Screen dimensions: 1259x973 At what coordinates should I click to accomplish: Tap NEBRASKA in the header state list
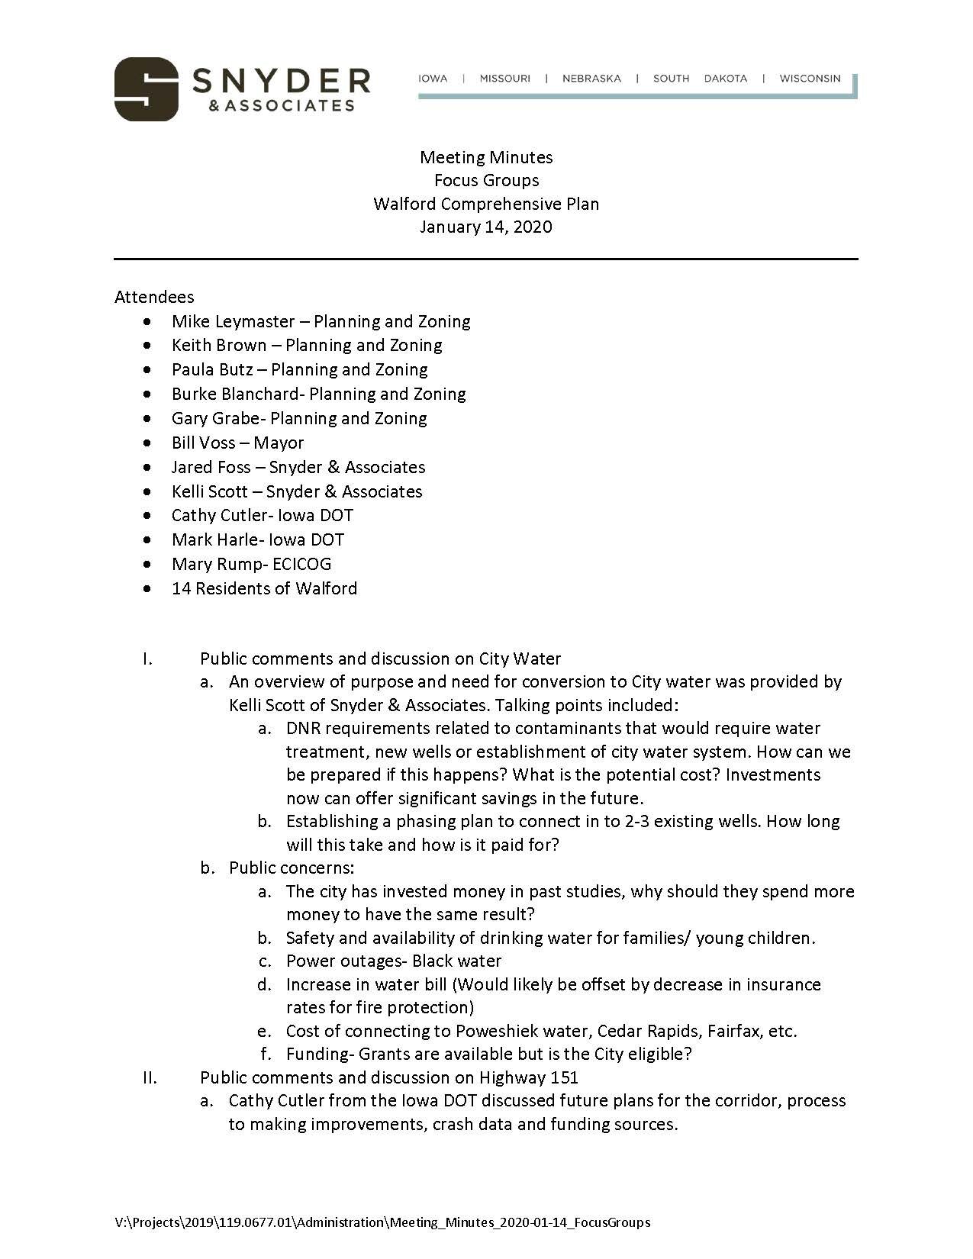591,79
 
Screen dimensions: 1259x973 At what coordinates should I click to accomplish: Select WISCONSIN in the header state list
810,79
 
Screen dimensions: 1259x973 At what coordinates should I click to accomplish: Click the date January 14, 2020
485,227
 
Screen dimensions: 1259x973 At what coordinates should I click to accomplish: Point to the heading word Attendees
154,297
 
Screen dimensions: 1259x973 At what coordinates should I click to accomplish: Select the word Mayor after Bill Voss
279,443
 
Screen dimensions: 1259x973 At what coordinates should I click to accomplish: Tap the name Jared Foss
211,467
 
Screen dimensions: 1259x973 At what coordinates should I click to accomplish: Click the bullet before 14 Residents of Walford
147,588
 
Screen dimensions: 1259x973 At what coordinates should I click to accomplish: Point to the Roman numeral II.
150,1077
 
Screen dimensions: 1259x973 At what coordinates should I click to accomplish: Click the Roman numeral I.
147,658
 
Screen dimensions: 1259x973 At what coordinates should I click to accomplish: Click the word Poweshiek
496,1031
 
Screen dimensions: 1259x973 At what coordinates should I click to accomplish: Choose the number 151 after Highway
563,1077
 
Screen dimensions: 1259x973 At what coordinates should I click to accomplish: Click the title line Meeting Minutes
486,157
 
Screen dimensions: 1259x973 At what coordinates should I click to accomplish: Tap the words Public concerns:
292,868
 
